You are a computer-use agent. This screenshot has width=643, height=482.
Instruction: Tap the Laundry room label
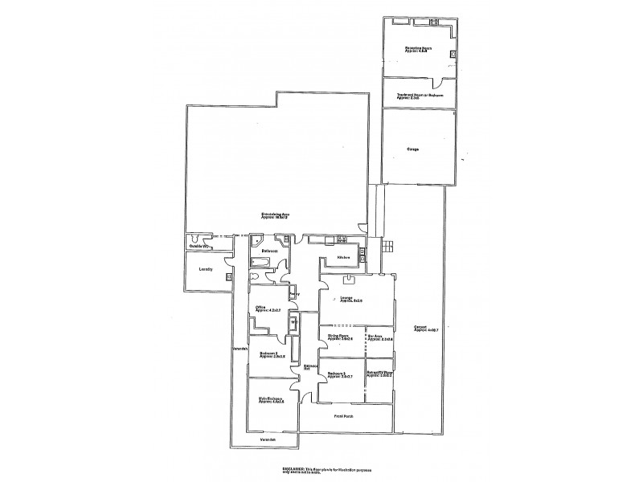click(x=205, y=269)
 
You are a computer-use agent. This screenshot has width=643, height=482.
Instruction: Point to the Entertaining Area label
click(x=275, y=214)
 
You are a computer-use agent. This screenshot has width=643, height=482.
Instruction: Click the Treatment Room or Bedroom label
click(x=420, y=96)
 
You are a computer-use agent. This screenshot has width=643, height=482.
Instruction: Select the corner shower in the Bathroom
click(x=257, y=239)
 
